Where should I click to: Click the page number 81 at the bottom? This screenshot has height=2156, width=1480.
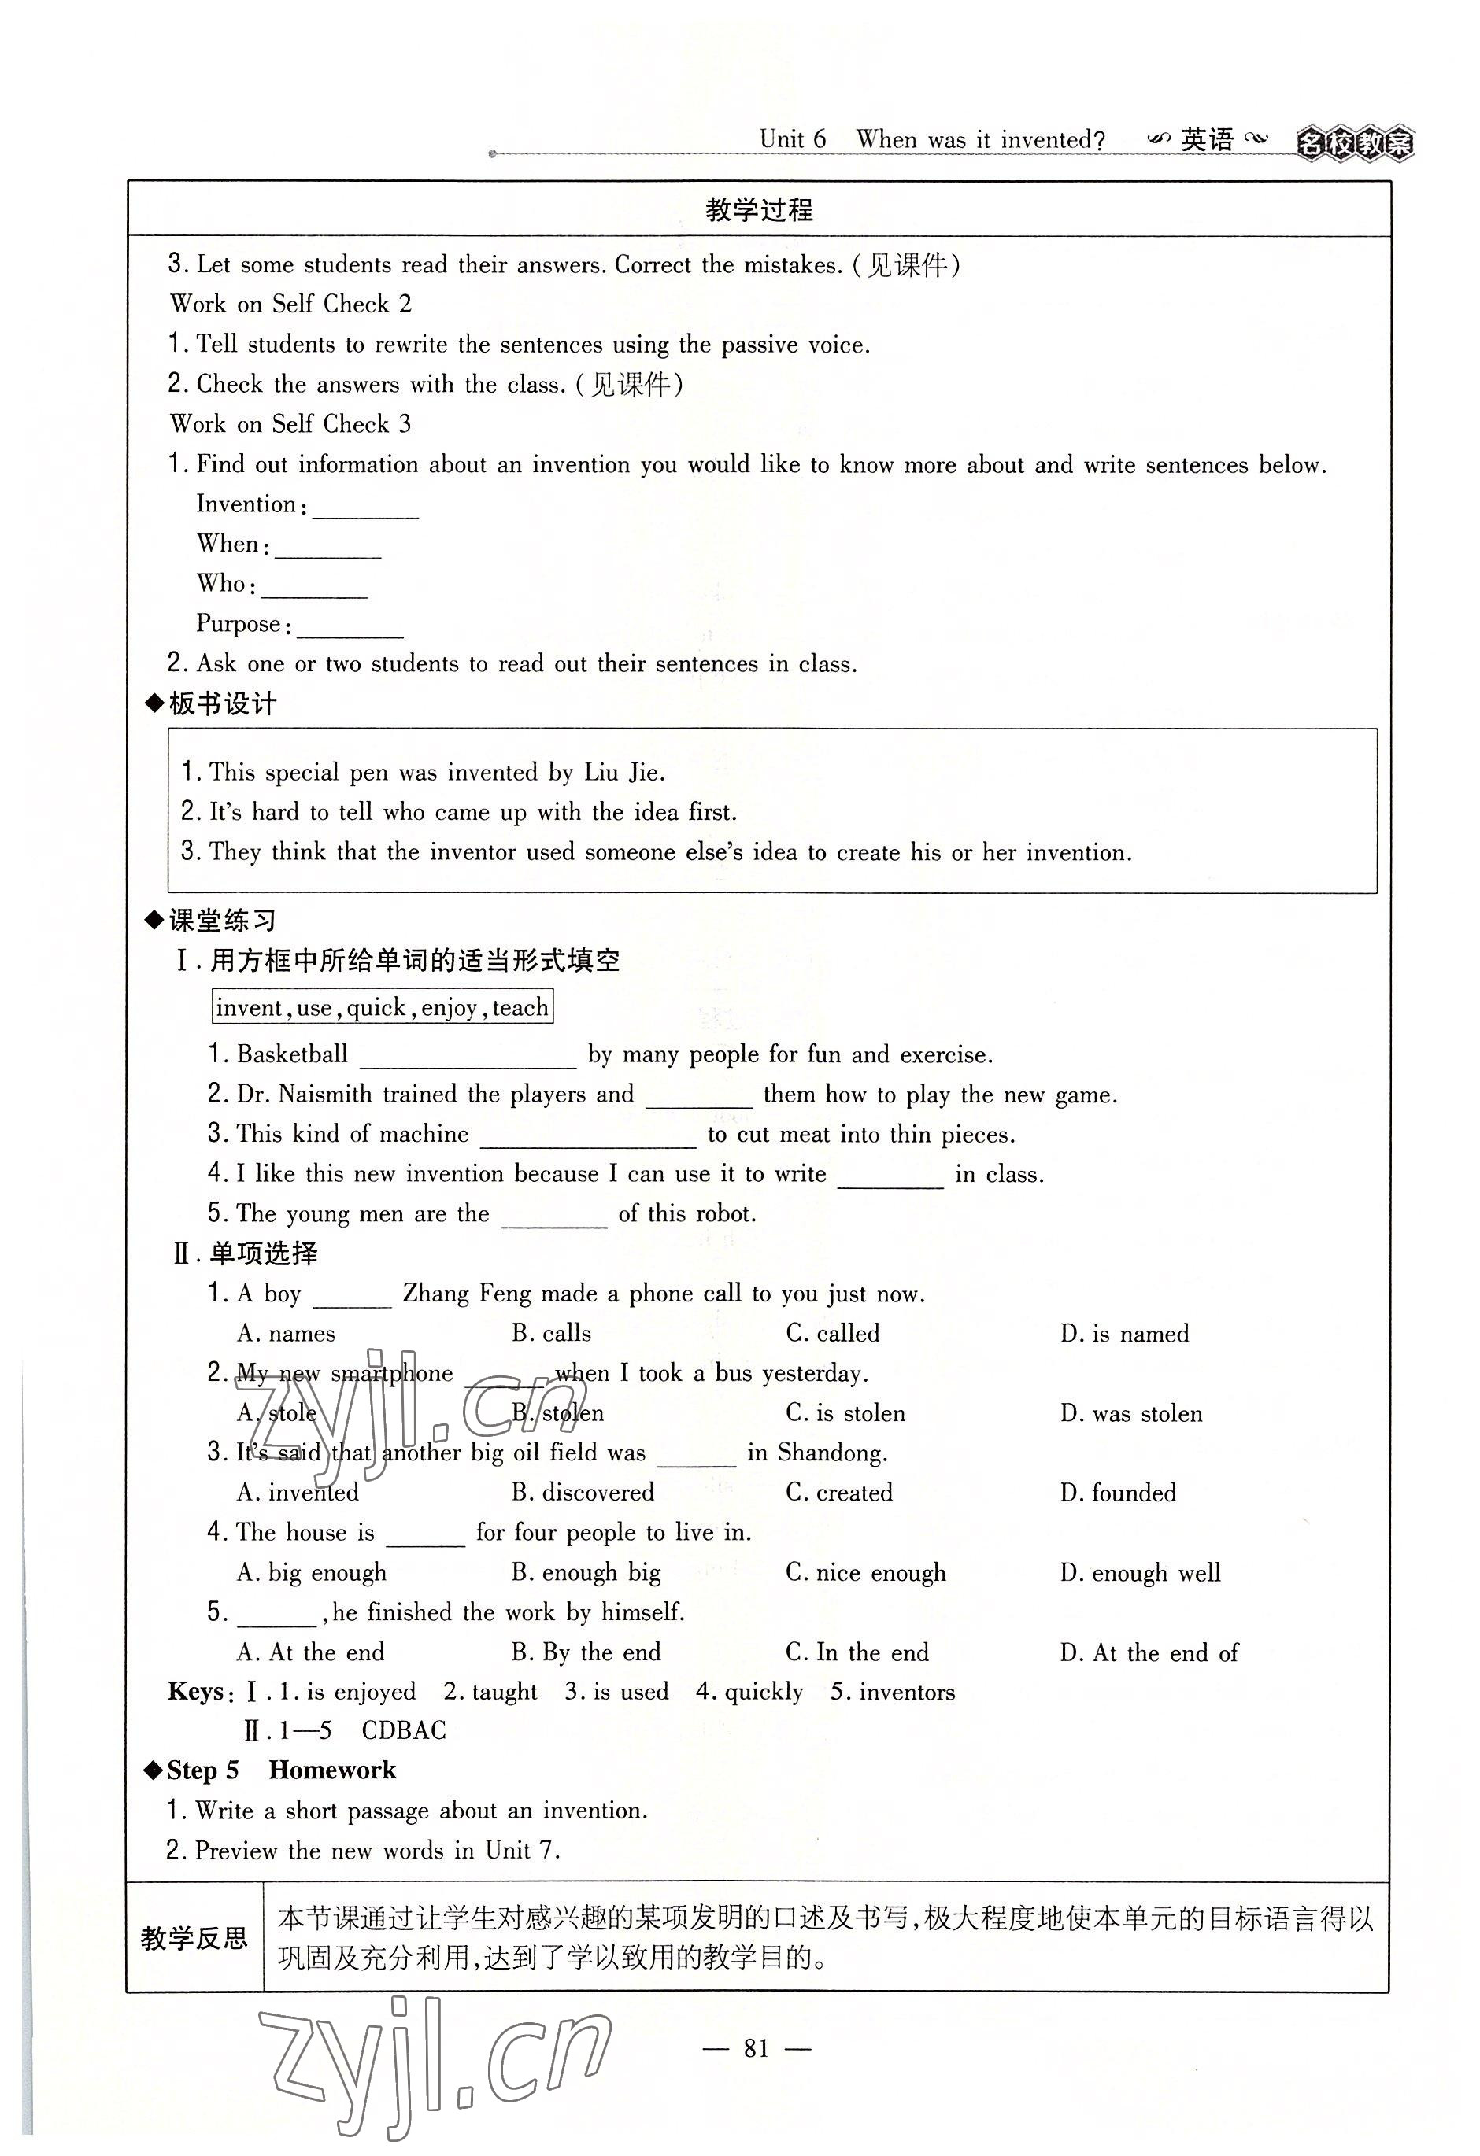coord(757,2048)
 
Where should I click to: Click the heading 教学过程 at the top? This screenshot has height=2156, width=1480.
coord(758,209)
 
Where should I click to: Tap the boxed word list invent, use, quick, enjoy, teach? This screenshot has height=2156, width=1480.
coord(383,1007)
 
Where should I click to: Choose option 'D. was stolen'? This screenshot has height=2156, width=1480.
coord(1131,1414)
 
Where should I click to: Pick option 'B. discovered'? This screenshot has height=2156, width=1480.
coord(583,1493)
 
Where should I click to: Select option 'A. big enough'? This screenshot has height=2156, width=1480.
coord(312,1572)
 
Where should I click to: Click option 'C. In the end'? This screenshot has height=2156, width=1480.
coord(857,1652)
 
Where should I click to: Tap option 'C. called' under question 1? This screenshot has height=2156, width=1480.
coord(832,1334)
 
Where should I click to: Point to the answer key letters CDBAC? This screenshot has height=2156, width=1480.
coord(404,1730)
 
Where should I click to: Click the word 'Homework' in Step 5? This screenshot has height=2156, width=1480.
coord(332,1770)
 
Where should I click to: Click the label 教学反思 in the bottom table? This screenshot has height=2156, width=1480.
coord(194,1938)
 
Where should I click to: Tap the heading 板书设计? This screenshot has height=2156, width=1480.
coord(222,704)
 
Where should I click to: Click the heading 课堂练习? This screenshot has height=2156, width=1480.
coord(222,921)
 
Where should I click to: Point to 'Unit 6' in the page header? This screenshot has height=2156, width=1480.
coord(793,140)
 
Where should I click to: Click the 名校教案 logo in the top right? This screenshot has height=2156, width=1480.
coord(1354,144)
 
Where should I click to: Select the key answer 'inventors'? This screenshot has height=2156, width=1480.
coord(907,1692)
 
